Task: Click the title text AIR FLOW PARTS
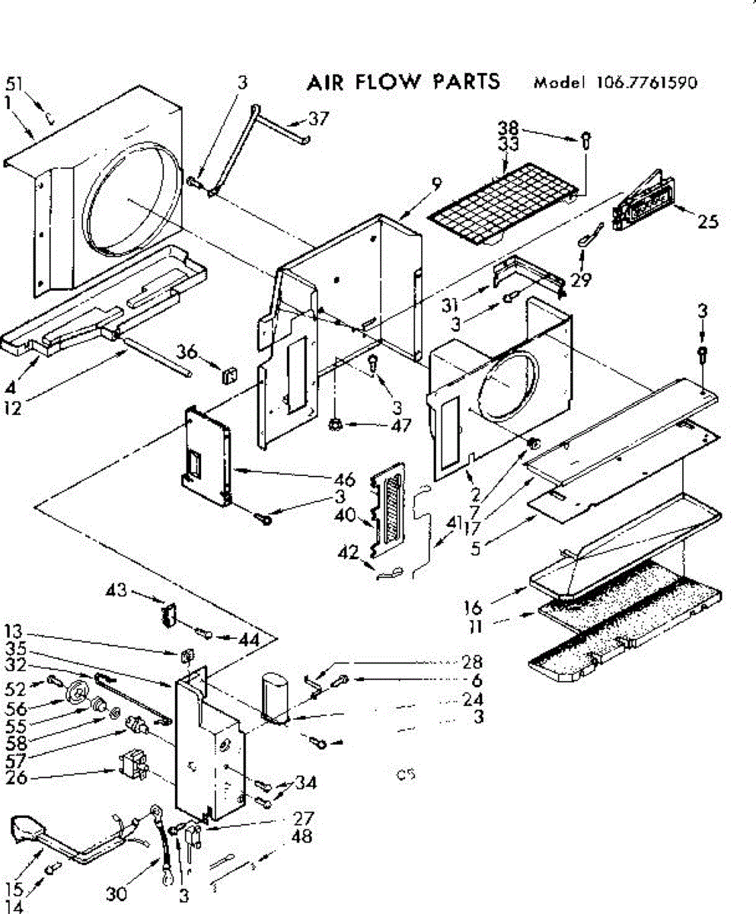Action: pyautogui.click(x=403, y=81)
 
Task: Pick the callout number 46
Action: pyautogui.click(x=344, y=480)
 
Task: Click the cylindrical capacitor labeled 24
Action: pyautogui.click(x=276, y=695)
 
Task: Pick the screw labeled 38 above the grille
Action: pyautogui.click(x=586, y=140)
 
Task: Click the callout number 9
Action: pyautogui.click(x=435, y=183)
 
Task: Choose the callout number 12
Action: pyautogui.click(x=12, y=407)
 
